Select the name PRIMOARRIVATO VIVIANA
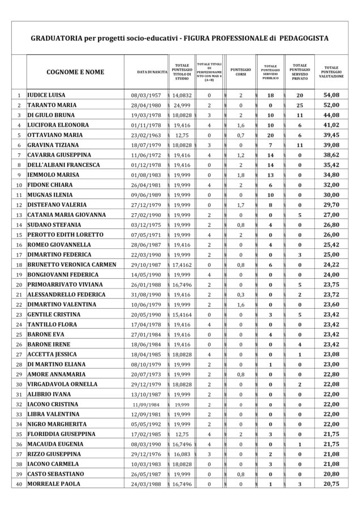(x=65, y=283)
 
